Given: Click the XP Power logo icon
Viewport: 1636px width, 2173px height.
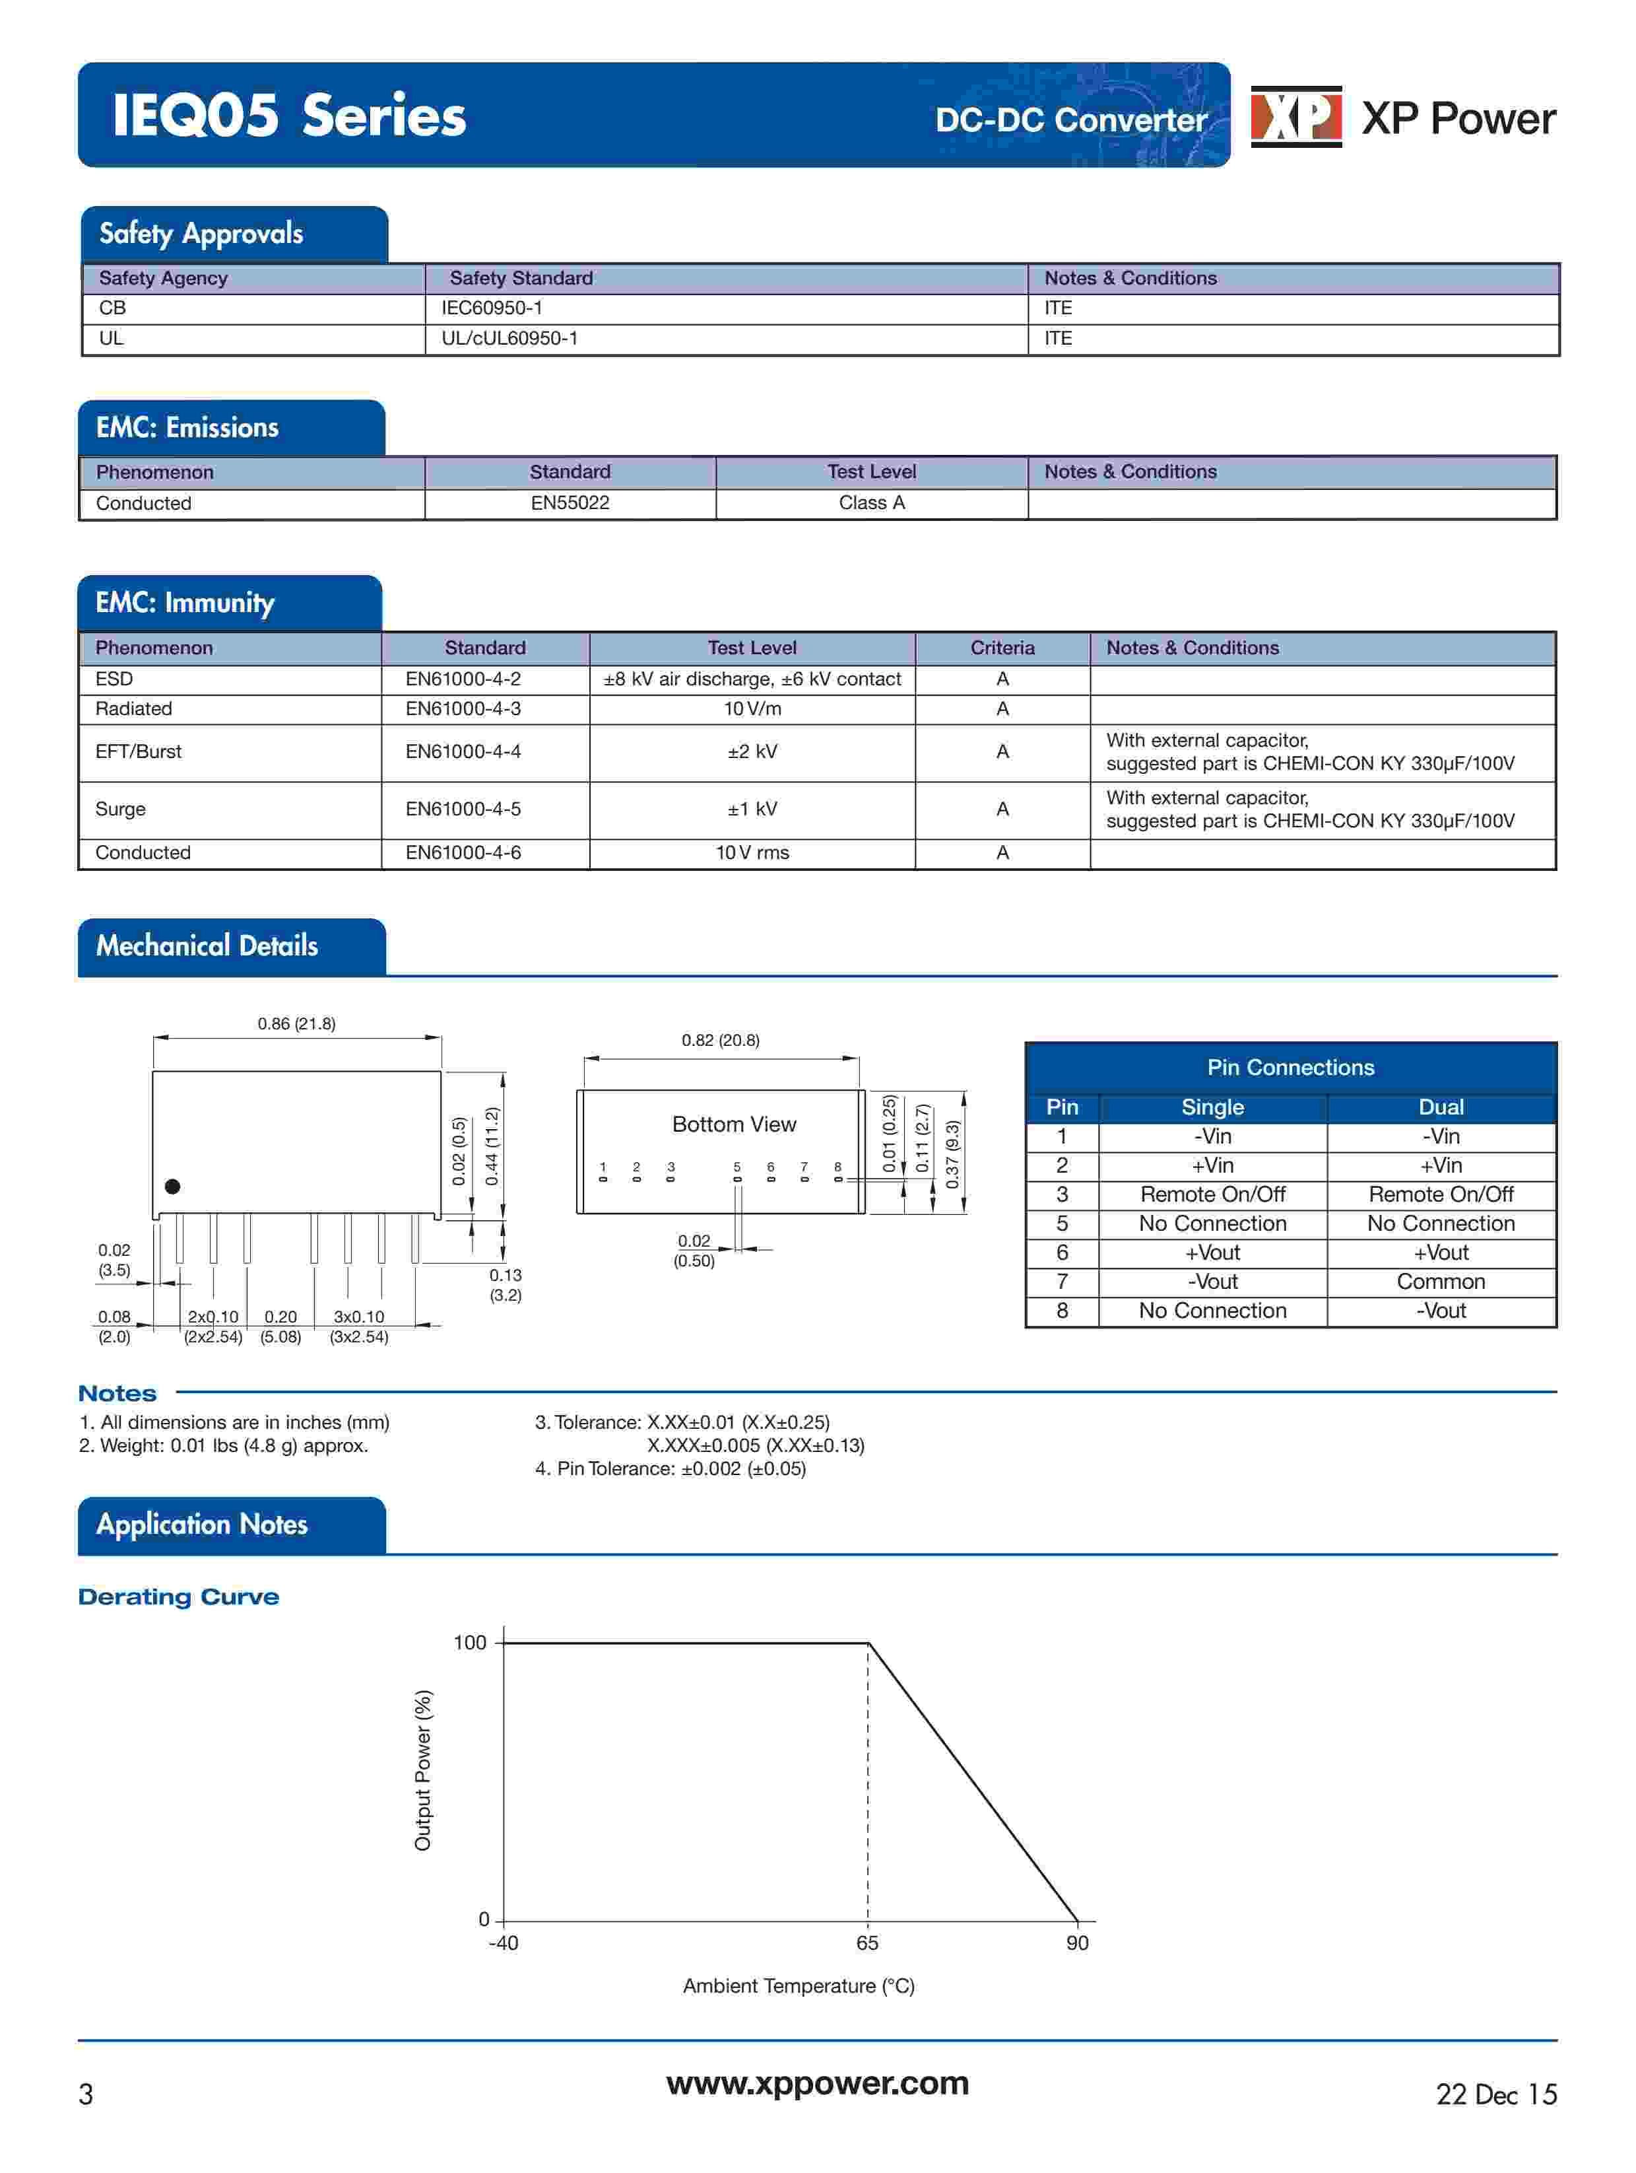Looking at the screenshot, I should (x=1295, y=117).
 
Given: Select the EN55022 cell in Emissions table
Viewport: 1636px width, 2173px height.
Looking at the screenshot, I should (x=570, y=503).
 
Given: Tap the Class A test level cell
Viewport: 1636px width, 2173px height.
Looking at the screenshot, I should (x=871, y=503).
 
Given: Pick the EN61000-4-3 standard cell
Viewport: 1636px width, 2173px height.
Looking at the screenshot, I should (x=463, y=709).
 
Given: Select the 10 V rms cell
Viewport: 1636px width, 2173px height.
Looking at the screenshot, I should (x=752, y=852).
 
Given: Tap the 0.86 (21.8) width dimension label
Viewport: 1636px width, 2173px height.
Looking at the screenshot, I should (x=296, y=1023).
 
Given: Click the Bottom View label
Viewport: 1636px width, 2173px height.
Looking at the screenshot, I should (x=734, y=1125).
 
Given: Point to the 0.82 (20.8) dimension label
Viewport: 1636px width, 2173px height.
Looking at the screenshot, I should (x=721, y=1041).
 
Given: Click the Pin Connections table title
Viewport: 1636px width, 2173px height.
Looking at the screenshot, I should (x=1290, y=1068).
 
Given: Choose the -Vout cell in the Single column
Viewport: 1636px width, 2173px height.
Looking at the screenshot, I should (x=1212, y=1282).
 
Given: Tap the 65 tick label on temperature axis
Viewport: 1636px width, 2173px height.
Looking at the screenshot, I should (x=867, y=1943).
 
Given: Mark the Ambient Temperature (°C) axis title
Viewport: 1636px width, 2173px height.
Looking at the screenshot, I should (x=799, y=1986).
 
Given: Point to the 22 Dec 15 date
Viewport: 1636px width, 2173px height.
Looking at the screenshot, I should (x=1495, y=2095).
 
